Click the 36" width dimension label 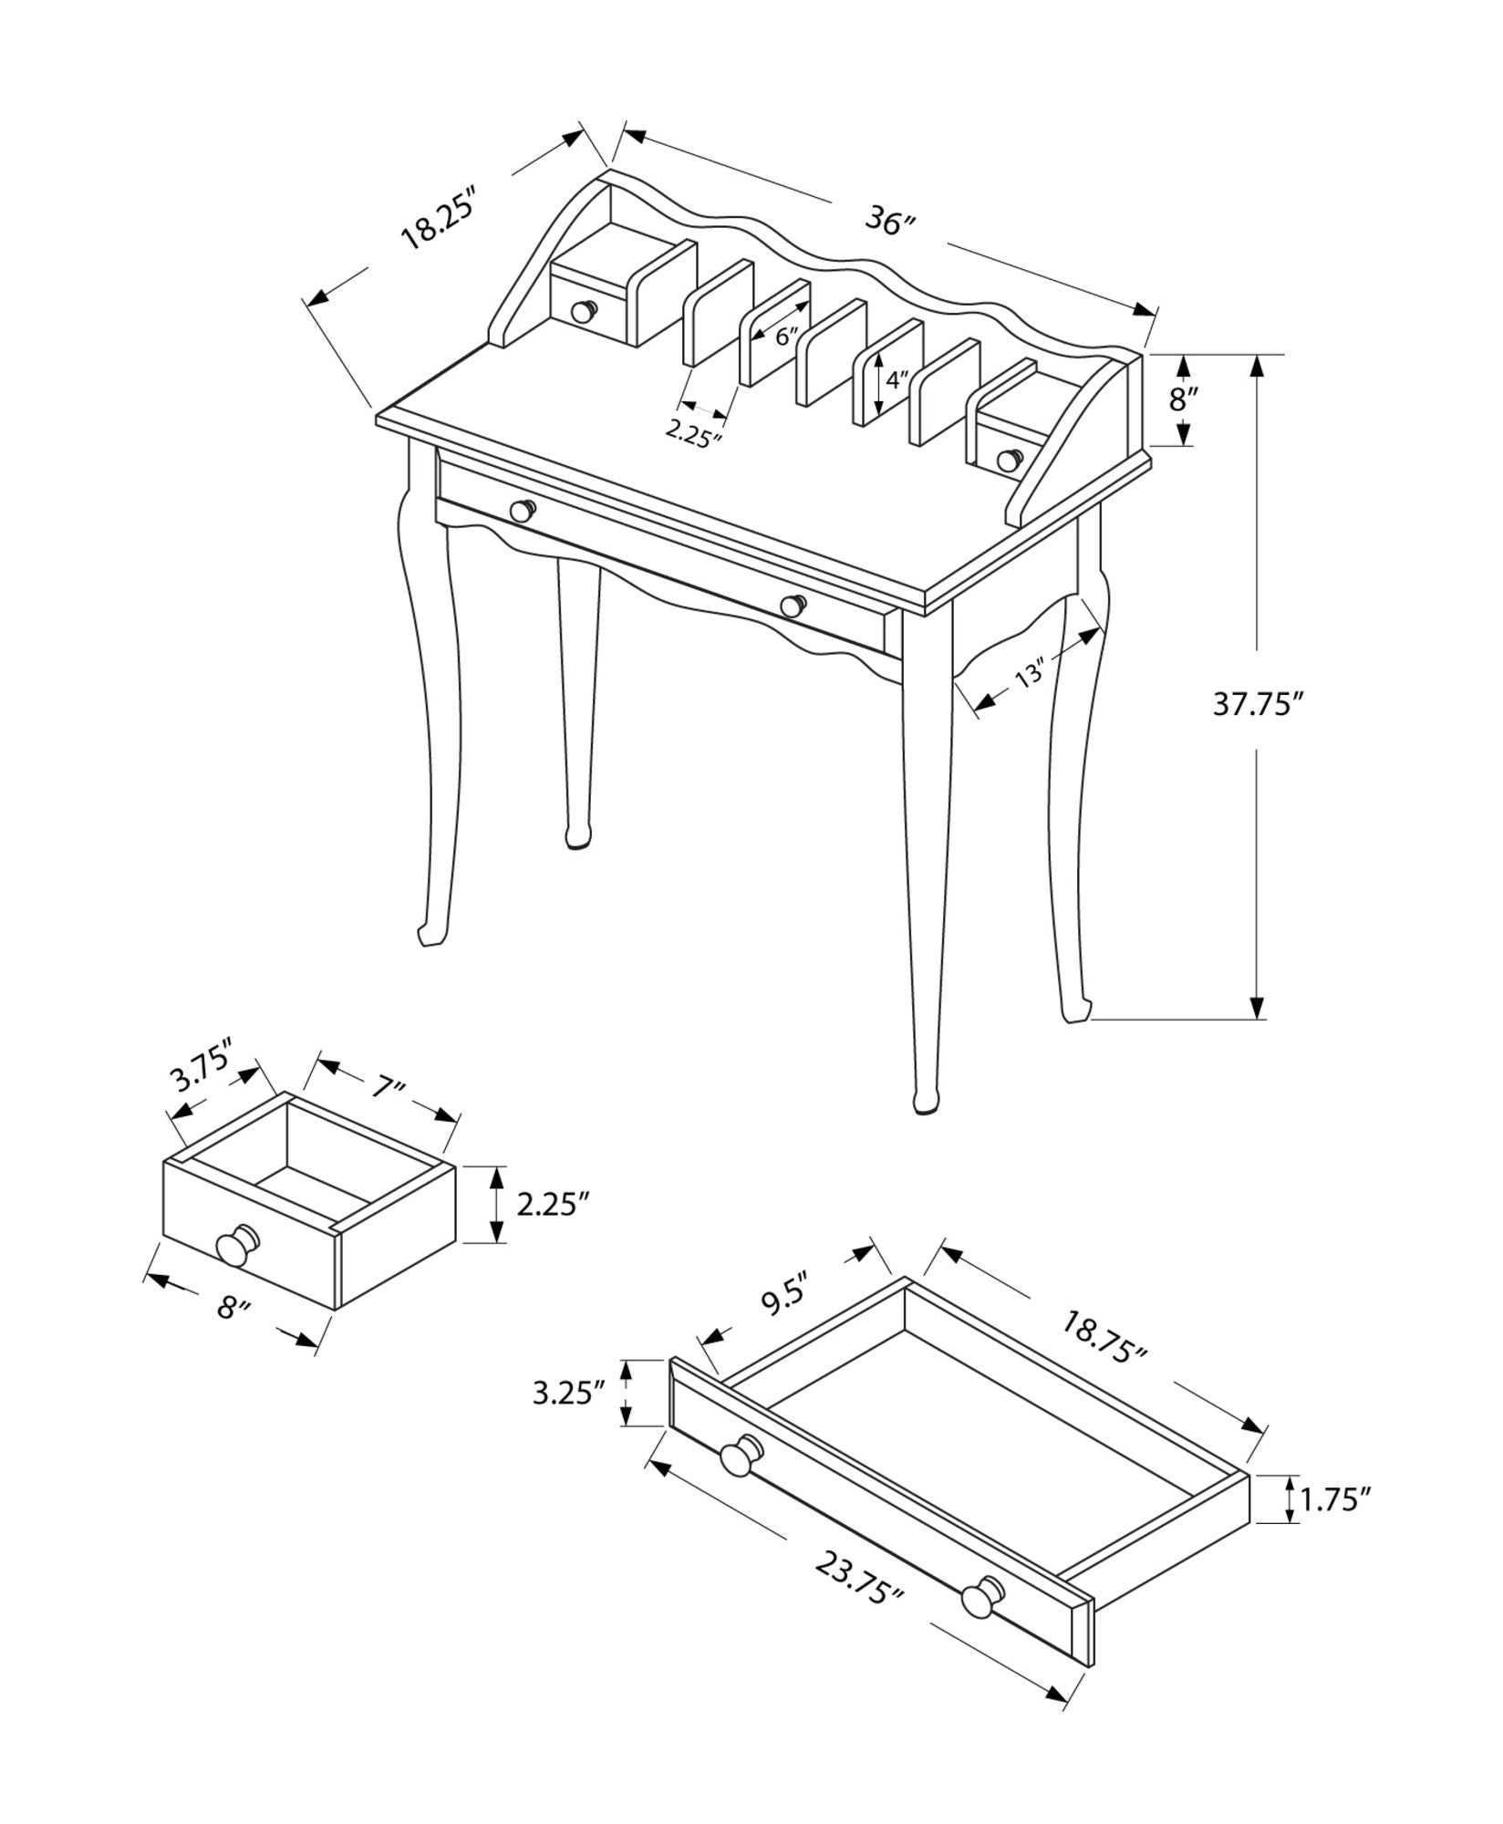[x=889, y=222]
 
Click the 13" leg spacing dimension [x=1030, y=676]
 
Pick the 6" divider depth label [x=787, y=335]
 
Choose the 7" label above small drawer [x=387, y=1086]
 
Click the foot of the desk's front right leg [x=925, y=1101]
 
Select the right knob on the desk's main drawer [x=793, y=605]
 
